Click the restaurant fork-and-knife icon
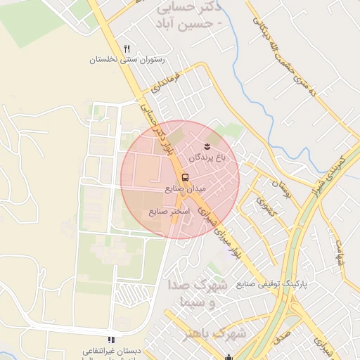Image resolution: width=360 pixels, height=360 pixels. (127, 49)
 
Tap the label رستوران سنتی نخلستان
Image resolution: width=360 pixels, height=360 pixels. (127, 60)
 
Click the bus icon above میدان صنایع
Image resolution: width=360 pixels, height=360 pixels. (185, 177)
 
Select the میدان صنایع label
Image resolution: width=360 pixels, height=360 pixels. (186, 188)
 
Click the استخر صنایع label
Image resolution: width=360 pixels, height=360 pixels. (166, 211)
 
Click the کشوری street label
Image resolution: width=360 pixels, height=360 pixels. (266, 206)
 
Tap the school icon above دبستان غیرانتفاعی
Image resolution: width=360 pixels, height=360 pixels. (111, 340)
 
